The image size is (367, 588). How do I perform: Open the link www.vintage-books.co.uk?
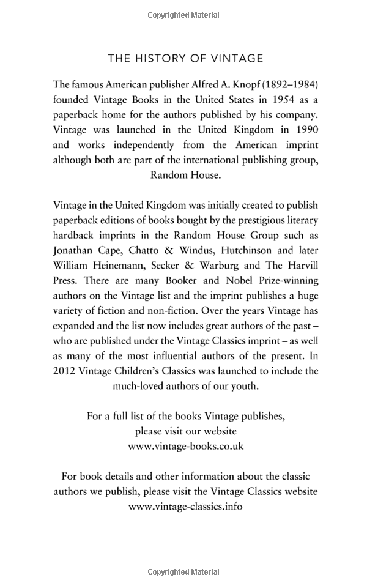click(x=185, y=446)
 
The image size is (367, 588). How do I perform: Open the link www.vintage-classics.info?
click(x=185, y=507)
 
